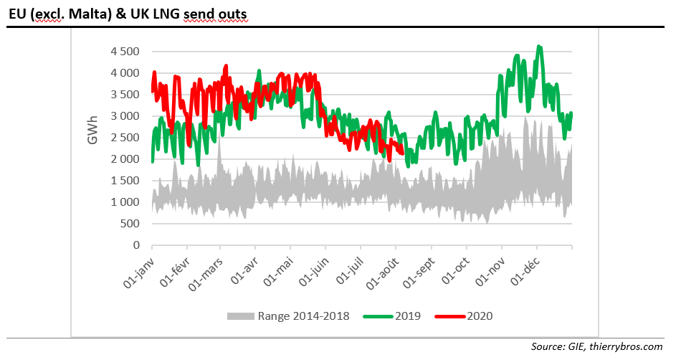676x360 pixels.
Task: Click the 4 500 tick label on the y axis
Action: pos(126,52)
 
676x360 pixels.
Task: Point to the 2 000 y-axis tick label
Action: pos(126,159)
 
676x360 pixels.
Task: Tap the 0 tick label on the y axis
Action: pos(135,245)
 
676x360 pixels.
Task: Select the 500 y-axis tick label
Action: pos(130,224)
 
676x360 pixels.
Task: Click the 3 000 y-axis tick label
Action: pos(126,116)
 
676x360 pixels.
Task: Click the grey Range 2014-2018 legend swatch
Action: pos(240,316)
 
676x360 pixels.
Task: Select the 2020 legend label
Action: pos(480,316)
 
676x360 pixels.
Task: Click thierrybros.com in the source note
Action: pos(627,347)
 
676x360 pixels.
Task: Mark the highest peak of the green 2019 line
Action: pos(539,47)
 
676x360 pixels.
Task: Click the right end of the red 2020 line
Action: pos(401,151)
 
